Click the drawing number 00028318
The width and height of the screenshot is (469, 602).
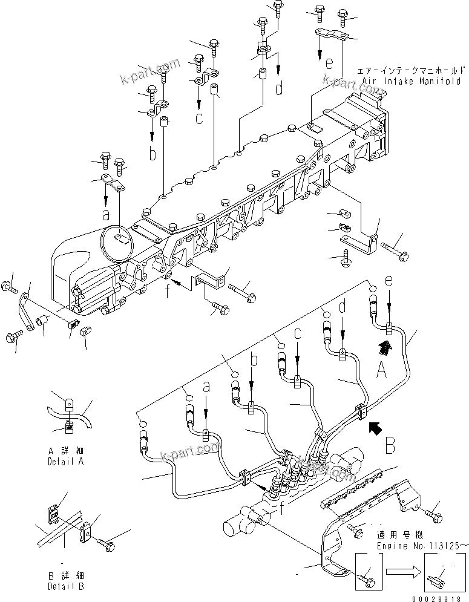pos(441,595)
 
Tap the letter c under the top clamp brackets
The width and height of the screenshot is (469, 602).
pos(198,117)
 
